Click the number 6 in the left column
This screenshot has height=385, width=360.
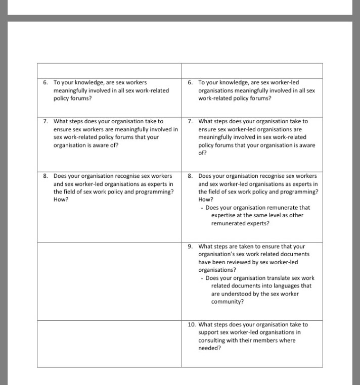click(45, 82)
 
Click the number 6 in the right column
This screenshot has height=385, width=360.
click(190, 82)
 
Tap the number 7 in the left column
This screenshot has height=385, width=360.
click(45, 121)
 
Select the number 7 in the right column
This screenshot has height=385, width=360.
click(190, 121)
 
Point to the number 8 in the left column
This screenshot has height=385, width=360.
click(45, 176)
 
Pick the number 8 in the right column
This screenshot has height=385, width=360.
click(190, 176)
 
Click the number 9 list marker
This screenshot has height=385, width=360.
click(190, 247)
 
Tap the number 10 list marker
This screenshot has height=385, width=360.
click(191, 324)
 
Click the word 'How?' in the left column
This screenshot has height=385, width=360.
click(61, 200)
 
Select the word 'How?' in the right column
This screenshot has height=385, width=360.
click(205, 200)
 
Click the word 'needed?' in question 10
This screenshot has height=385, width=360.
click(209, 348)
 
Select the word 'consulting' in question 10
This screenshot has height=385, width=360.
click(212, 340)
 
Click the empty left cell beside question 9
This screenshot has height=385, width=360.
click(109, 280)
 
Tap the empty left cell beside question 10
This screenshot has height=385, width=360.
click(109, 343)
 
